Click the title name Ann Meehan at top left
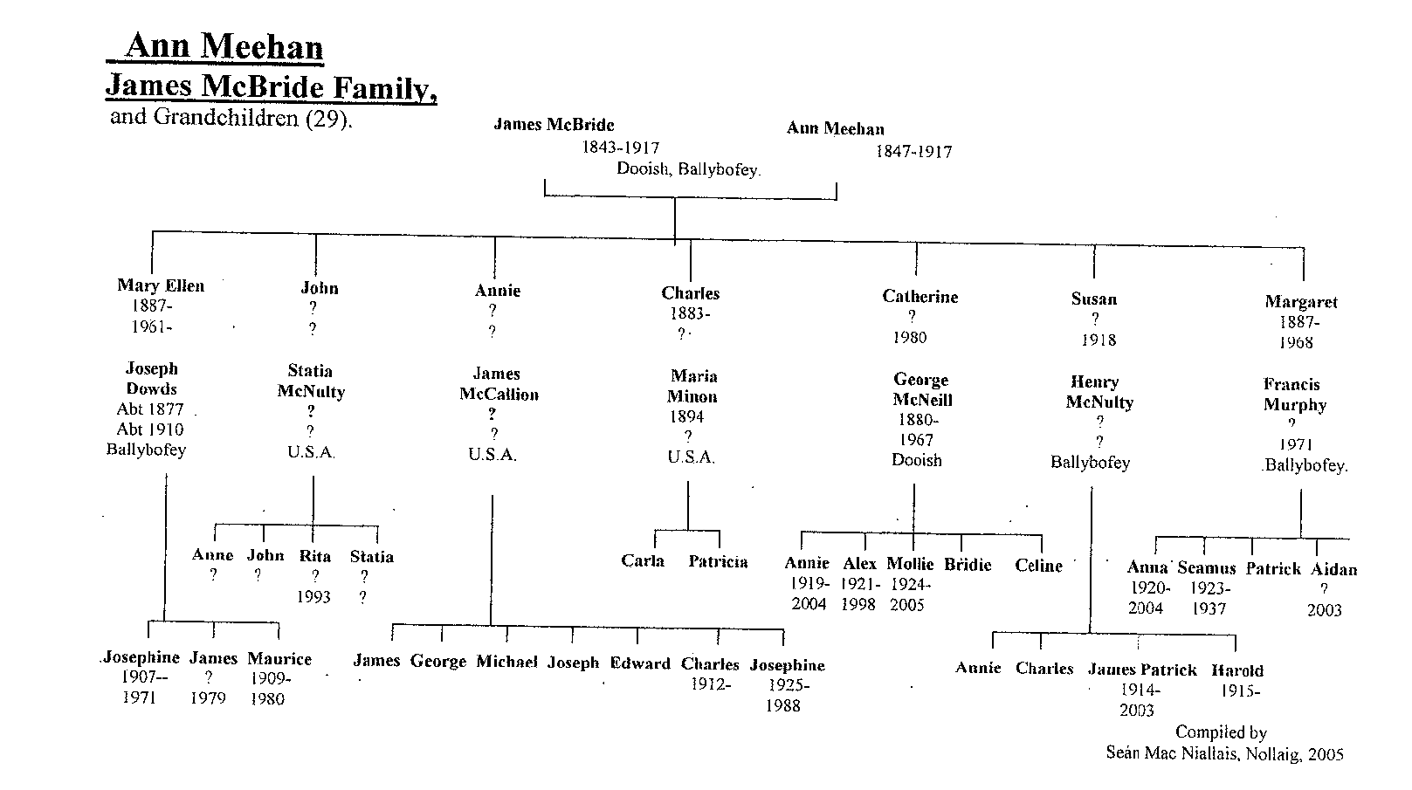pos(223,46)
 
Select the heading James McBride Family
pos(271,87)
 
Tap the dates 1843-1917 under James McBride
pos(620,148)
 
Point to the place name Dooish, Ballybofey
pos(688,169)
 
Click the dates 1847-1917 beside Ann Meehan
pos(913,152)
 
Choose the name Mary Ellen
pos(161,285)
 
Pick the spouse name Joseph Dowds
pos(151,379)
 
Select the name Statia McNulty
pos(311,381)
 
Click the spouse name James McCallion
pos(499,384)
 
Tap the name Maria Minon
pos(693,387)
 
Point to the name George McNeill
pos(921,390)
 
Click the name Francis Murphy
pos(1295,395)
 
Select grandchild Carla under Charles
pos(643,561)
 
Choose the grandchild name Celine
pos(1038,566)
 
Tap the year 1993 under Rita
pos(313,597)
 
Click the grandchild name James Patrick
pos(1141,670)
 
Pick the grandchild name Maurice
pos(279,659)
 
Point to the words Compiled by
pos(1220,732)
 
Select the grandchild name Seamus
pos(1206,568)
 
